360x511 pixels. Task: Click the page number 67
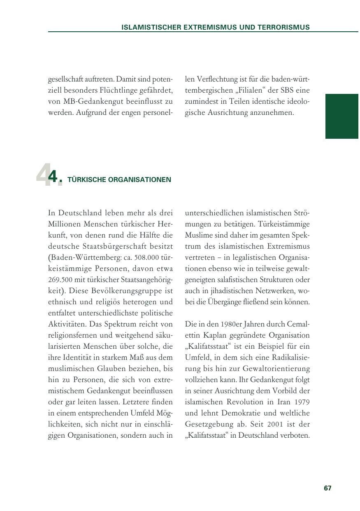[x=327, y=488]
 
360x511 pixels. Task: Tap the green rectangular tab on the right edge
[x=341, y=116]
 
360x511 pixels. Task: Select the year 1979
[x=301, y=401]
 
